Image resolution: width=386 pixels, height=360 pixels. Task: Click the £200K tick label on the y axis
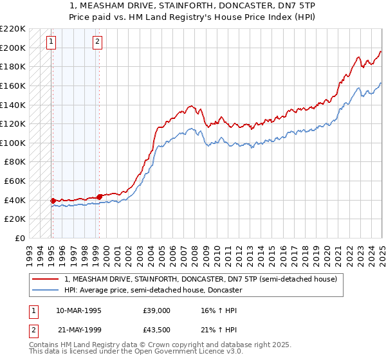tap(13, 48)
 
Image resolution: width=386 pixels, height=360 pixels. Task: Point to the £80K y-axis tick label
tap(15, 162)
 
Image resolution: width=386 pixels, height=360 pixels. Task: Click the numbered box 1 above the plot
tap(51, 42)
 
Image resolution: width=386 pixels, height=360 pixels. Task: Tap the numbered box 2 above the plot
tap(97, 42)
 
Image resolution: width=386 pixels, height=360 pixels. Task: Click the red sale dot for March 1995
tap(53, 201)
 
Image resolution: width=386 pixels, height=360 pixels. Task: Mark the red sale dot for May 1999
tap(99, 197)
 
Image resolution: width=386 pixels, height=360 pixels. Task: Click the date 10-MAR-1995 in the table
tap(79, 310)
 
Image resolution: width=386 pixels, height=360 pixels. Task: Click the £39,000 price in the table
tap(156, 310)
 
